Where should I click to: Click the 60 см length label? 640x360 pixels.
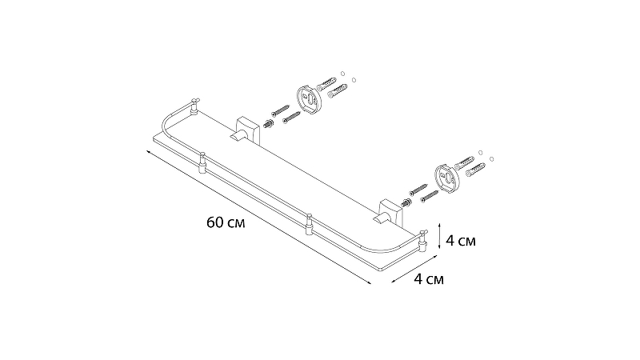(226, 223)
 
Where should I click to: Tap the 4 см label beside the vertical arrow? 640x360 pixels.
(461, 241)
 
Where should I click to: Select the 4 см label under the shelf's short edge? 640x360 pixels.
(429, 279)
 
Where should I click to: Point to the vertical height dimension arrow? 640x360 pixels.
(438, 236)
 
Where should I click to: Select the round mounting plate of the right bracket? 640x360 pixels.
(448, 178)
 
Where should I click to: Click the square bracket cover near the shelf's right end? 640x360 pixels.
(390, 212)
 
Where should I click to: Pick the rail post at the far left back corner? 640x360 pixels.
(194, 106)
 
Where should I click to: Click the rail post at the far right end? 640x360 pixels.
(423, 241)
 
